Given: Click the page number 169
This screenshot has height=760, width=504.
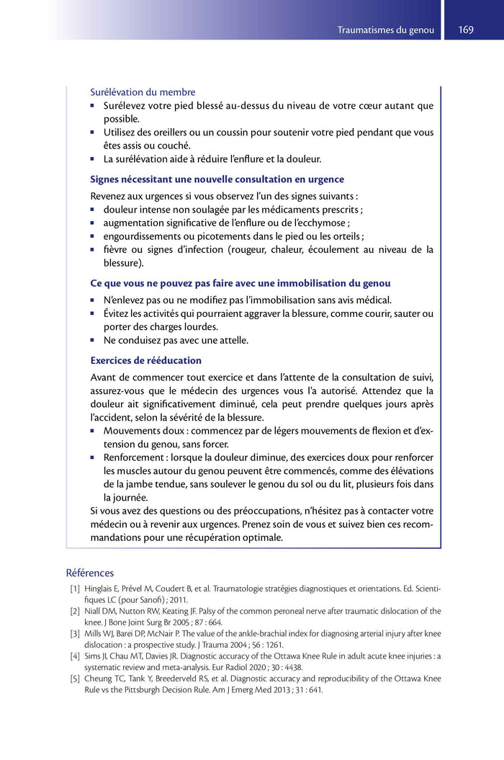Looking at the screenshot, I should pyautogui.click(x=465, y=30).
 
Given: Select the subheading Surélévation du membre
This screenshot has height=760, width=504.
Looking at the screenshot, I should pyautogui.click(x=143, y=92).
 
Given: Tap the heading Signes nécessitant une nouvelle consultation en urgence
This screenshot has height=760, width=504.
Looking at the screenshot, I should pyautogui.click(x=217, y=179).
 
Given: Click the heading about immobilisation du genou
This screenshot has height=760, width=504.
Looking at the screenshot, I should pyautogui.click(x=240, y=283).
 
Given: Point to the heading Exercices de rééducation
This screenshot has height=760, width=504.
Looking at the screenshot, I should pyautogui.click(x=145, y=360).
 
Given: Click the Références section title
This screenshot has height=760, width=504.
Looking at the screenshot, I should pyautogui.click(x=89, y=573).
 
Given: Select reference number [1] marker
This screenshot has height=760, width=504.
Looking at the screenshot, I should pyautogui.click(x=74, y=589).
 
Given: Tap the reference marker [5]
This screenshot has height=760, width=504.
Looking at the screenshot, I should pyautogui.click(x=74, y=678).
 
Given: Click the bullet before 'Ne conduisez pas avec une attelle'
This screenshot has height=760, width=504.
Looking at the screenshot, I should pyautogui.click(x=93, y=340).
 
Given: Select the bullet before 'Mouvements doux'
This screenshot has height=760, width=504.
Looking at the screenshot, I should pyautogui.click(x=93, y=431).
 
